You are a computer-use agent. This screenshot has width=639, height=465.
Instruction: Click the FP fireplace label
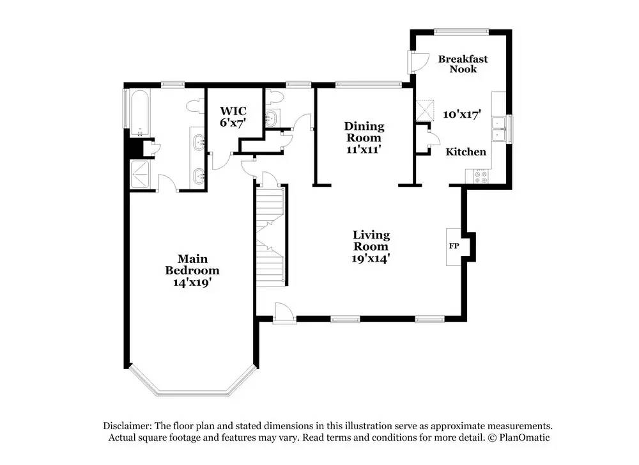coord(454,246)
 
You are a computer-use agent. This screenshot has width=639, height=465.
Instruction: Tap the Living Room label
coord(371,240)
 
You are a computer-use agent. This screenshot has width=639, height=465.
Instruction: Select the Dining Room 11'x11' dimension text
coord(364,149)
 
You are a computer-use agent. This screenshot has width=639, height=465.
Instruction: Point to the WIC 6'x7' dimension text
coord(233,122)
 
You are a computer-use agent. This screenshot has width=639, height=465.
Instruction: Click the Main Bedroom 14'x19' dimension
coord(192,282)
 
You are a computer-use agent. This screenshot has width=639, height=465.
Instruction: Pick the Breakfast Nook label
coord(463,63)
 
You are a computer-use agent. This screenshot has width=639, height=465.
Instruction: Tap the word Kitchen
coord(466,152)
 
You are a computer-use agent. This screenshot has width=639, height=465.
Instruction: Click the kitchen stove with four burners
coord(478,176)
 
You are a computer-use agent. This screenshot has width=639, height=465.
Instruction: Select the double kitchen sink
coord(498,129)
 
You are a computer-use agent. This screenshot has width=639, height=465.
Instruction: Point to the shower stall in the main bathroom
coord(141,174)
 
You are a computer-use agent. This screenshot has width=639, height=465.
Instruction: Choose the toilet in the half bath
coord(274,97)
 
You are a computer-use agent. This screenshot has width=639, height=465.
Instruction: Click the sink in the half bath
coord(270,119)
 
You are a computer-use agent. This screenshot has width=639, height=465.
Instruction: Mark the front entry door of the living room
coord(285,313)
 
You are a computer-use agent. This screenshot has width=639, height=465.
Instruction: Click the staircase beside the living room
coord(270,235)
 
